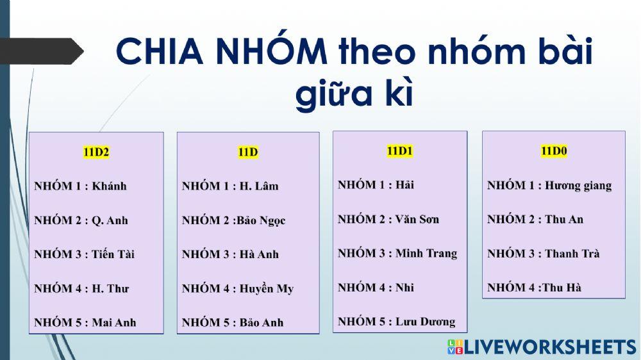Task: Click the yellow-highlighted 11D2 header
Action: tap(96, 152)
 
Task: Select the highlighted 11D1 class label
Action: tap(400, 151)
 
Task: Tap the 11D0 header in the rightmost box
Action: tap(554, 151)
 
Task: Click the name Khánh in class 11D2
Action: tap(110, 186)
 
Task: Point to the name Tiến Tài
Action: tap(113, 254)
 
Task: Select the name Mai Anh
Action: tap(114, 322)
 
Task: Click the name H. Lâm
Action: tap(260, 186)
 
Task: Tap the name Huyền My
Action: tap(267, 288)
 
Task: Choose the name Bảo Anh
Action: tap(262, 322)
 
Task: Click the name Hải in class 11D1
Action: tap(404, 185)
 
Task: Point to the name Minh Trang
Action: tap(426, 253)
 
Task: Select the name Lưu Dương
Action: tap(425, 322)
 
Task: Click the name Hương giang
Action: tap(578, 186)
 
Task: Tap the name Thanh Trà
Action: tap(572, 253)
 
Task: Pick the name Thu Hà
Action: tap(562, 288)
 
